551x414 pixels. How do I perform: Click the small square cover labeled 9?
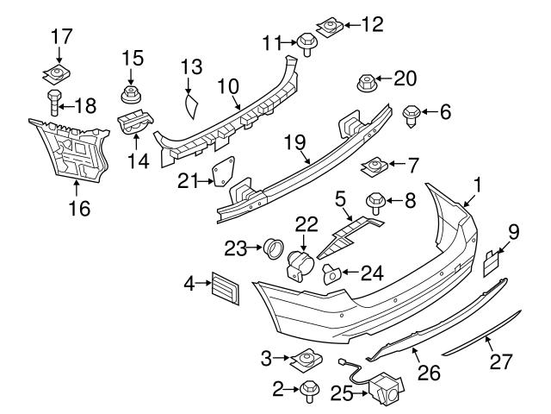[x=491, y=262]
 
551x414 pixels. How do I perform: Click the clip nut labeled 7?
[x=375, y=163]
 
